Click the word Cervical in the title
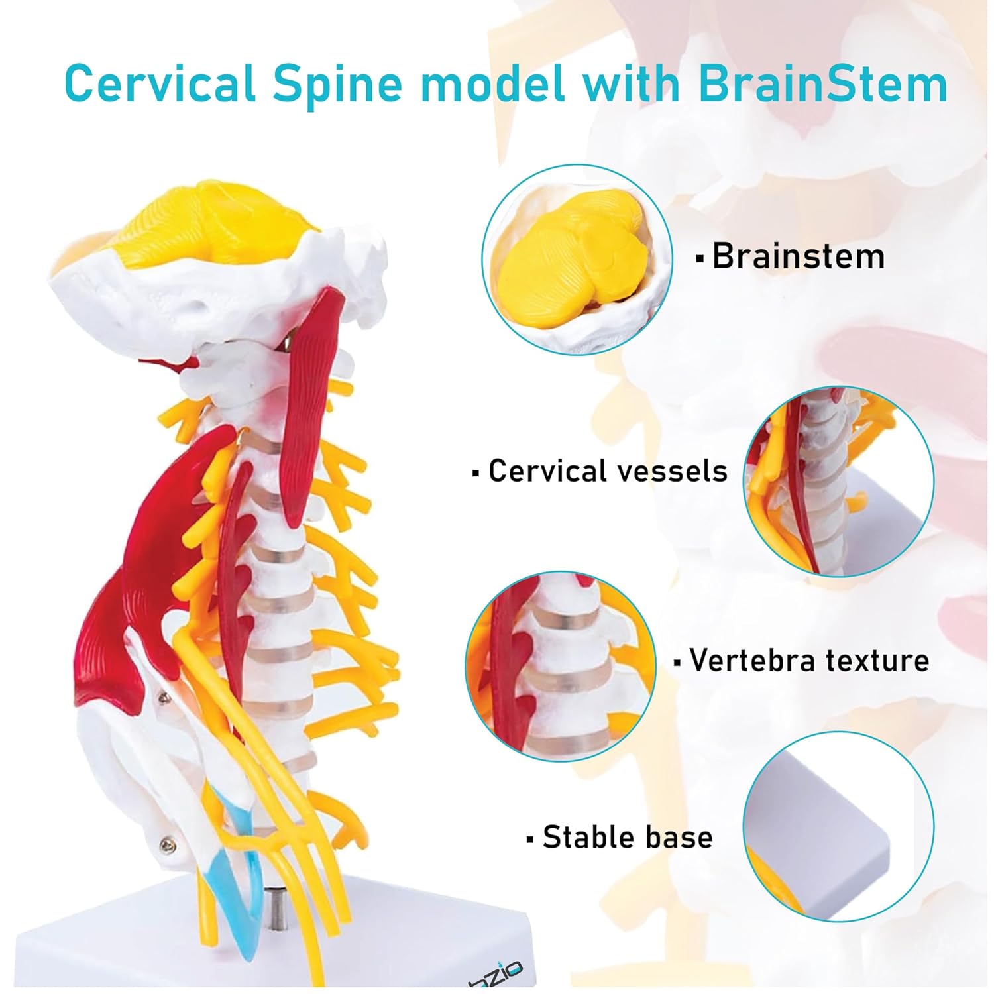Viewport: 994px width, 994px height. [x=160, y=84]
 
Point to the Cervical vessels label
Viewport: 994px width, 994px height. [x=607, y=471]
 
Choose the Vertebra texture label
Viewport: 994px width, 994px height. [x=808, y=661]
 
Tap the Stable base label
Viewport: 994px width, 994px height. [x=627, y=838]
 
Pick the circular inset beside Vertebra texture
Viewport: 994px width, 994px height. [x=561, y=666]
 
